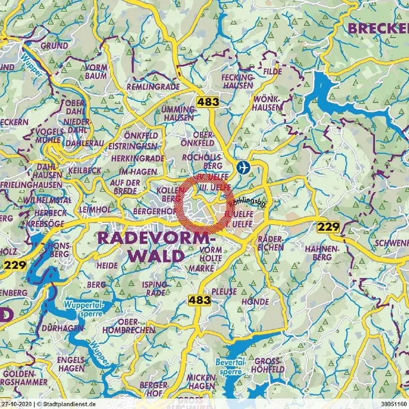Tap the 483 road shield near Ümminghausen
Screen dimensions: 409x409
click(207, 101)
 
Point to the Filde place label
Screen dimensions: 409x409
click(272, 73)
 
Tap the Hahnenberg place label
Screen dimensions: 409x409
click(321, 252)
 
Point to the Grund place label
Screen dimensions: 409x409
click(55, 46)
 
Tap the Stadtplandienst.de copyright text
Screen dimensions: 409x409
click(64, 405)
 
